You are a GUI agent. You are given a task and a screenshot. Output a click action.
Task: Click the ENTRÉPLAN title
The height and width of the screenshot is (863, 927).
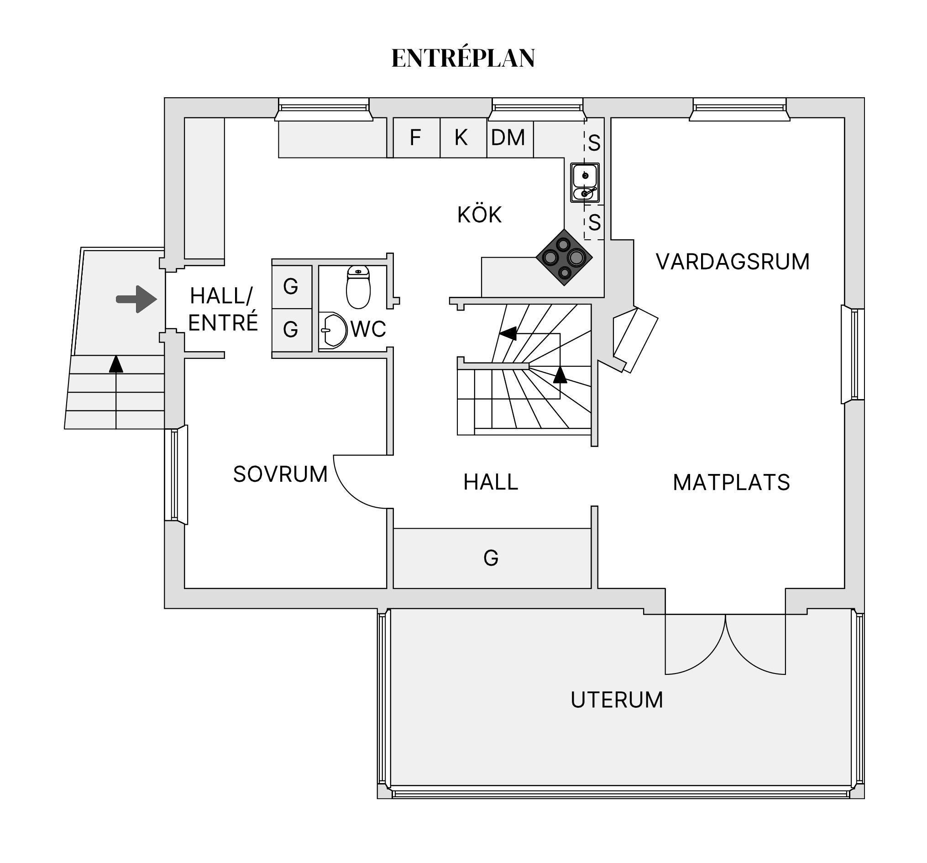[462, 58]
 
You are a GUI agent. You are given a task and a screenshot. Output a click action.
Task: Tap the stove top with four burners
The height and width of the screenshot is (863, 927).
[564, 257]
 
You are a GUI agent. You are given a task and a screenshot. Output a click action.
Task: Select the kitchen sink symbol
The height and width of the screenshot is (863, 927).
[585, 183]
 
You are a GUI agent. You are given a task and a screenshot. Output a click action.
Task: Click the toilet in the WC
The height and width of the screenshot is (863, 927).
[358, 286]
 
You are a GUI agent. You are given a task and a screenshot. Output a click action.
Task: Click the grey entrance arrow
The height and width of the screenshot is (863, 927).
[136, 299]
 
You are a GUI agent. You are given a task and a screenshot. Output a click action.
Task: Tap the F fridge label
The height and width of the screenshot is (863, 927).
[415, 137]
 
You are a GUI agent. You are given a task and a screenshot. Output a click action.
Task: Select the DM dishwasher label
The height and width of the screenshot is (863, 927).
[508, 137]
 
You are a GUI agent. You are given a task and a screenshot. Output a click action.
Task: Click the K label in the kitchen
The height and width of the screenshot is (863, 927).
[461, 137]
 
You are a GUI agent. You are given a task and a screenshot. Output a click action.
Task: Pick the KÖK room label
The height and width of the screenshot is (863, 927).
[479, 215]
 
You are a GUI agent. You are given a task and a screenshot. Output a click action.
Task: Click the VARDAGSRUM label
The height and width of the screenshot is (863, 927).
[733, 262]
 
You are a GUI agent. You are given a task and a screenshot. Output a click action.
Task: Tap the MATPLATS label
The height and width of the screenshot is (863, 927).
[731, 482]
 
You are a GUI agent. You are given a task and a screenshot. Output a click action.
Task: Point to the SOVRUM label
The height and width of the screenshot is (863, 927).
[280, 474]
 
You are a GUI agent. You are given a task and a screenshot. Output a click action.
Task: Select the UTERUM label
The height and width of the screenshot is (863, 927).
[617, 700]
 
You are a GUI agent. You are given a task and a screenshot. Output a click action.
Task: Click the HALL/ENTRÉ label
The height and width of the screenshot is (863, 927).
[222, 309]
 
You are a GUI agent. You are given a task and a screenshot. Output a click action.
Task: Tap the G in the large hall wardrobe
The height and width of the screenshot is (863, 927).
[491, 558]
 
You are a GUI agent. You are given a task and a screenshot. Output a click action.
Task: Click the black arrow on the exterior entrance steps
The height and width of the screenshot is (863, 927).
[116, 364]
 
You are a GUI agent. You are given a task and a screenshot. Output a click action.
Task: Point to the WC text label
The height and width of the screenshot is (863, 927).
[368, 329]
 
